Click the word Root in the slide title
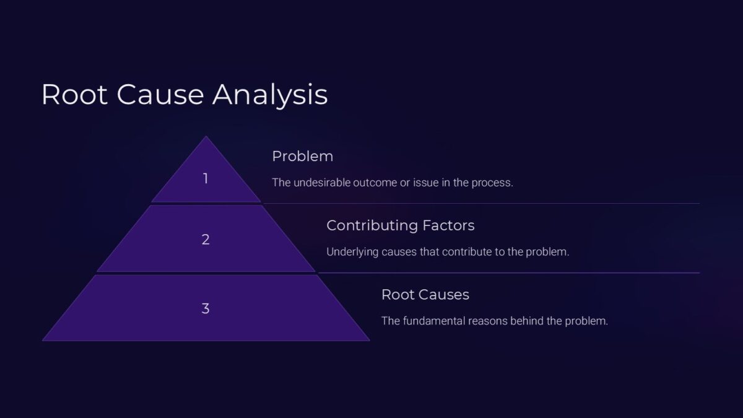tap(74, 95)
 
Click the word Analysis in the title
tap(270, 95)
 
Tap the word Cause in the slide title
tap(160, 95)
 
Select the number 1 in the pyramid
tap(206, 179)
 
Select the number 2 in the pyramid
tap(206, 240)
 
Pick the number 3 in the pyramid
tap(206, 308)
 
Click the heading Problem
tap(302, 157)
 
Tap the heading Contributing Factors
tap(400, 225)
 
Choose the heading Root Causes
tap(425, 295)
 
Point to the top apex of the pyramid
tap(206, 137)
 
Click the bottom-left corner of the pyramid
tap(43, 340)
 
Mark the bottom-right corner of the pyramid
tap(369, 340)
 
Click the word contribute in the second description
tap(450, 253)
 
